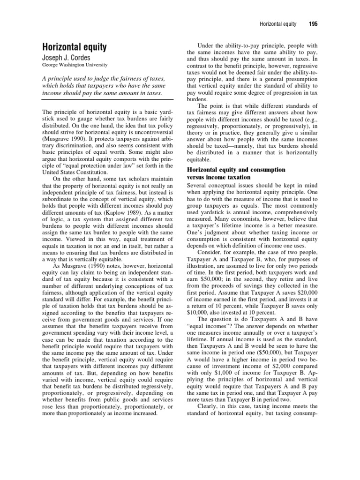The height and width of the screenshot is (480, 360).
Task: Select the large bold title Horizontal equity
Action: pos(75,47)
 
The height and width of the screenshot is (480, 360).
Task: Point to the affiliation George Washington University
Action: pos(75,65)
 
